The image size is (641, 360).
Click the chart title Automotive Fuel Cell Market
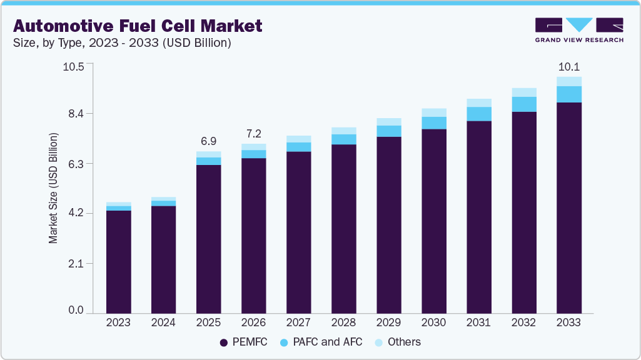pos(138,26)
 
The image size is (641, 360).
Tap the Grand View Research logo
pos(578,30)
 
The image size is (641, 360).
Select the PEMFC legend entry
pos(245,342)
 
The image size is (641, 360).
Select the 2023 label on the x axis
pos(118,323)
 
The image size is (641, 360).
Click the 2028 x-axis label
pos(343,323)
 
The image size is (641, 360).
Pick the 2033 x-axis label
pos(568,323)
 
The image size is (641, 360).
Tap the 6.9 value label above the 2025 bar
pos(209,141)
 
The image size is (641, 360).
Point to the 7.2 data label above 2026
pos(254,134)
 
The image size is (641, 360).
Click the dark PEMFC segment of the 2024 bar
pos(163,259)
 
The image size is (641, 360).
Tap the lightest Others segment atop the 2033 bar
pos(569,81)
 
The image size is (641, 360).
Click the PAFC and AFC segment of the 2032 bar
pos(524,104)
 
